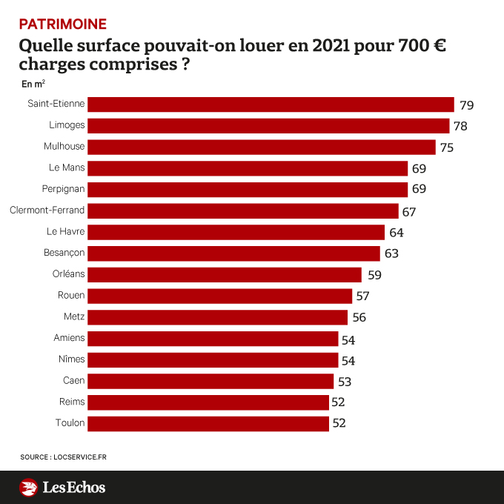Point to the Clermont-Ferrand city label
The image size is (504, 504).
(47, 210)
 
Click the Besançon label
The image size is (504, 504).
(64, 253)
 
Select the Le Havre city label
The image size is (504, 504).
(66, 232)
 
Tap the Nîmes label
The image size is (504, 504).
(70, 359)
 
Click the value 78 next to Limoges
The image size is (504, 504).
(460, 126)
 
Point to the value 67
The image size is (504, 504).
(409, 212)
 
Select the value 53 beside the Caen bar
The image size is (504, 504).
(344, 382)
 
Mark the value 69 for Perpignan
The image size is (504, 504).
(419, 189)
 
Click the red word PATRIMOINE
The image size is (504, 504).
(62, 24)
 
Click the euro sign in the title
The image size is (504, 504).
(438, 46)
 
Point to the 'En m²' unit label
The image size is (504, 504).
(33, 84)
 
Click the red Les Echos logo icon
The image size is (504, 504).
(28, 488)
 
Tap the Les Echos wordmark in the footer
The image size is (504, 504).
(73, 488)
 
